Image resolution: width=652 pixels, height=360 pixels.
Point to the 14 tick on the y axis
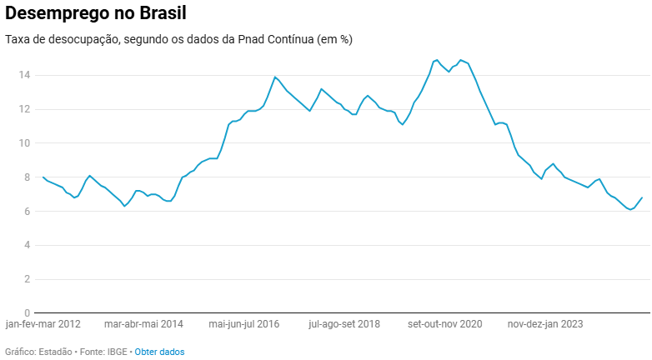pyautogui.click(x=25, y=75)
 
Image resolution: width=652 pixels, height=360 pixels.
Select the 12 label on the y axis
pyautogui.click(x=25, y=109)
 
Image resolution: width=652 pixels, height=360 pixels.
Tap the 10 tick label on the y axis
pyautogui.click(x=25, y=143)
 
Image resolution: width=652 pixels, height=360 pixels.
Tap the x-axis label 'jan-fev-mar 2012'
pyautogui.click(x=43, y=323)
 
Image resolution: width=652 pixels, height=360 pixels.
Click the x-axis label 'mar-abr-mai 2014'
pyautogui.click(x=143, y=323)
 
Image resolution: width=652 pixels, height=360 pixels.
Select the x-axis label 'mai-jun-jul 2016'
pyautogui.click(x=244, y=323)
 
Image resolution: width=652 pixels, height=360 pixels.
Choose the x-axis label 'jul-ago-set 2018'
pyautogui.click(x=344, y=323)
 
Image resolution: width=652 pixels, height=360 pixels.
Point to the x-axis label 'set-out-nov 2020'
pyautogui.click(x=445, y=323)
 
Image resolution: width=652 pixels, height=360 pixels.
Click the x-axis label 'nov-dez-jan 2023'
pyautogui.click(x=545, y=323)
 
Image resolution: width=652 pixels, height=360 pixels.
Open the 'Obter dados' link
pyautogui.click(x=159, y=352)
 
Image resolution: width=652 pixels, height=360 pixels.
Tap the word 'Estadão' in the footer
pyautogui.click(x=57, y=352)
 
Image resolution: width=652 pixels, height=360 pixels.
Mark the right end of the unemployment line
pyautogui.click(x=642, y=197)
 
